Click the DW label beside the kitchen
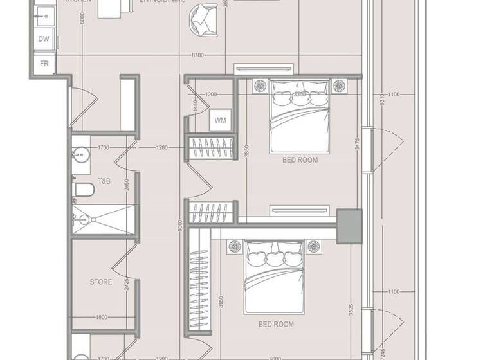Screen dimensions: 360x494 [44, 39]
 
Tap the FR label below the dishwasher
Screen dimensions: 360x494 [44, 63]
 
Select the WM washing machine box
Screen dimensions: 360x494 [220, 120]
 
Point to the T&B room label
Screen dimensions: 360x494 [104, 181]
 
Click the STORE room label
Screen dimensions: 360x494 [100, 282]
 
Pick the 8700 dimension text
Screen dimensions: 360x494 [197, 55]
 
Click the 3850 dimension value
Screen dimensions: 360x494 [245, 151]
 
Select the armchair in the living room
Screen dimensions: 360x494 [204, 19]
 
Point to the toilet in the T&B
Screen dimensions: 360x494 [84, 188]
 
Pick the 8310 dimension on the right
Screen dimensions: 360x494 [381, 99]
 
